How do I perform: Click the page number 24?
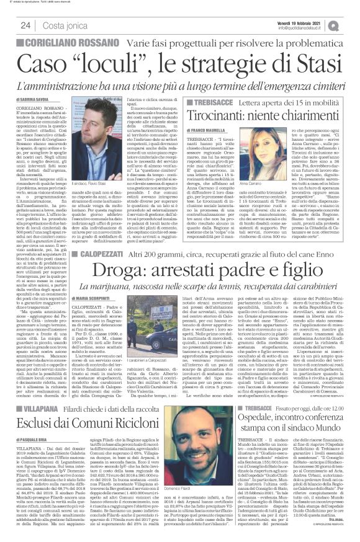(25, 25)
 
